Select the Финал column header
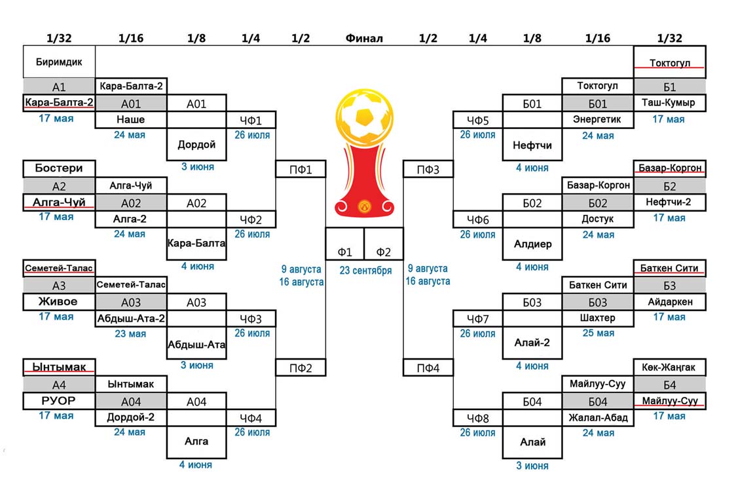click(x=364, y=39)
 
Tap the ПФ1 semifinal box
click(x=301, y=170)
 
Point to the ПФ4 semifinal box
click(x=428, y=368)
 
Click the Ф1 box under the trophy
click(x=344, y=252)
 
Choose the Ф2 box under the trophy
click(x=384, y=252)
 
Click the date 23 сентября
click(x=365, y=271)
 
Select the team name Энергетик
click(x=598, y=120)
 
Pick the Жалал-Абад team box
click(x=598, y=417)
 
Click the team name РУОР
click(x=59, y=400)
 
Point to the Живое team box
click(x=59, y=301)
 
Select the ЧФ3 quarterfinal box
click(x=251, y=318)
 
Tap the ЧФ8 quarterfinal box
click(x=478, y=417)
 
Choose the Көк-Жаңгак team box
click(x=669, y=367)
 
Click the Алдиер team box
click(x=532, y=244)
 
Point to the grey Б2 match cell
click(x=669, y=186)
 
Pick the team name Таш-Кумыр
click(x=669, y=103)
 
